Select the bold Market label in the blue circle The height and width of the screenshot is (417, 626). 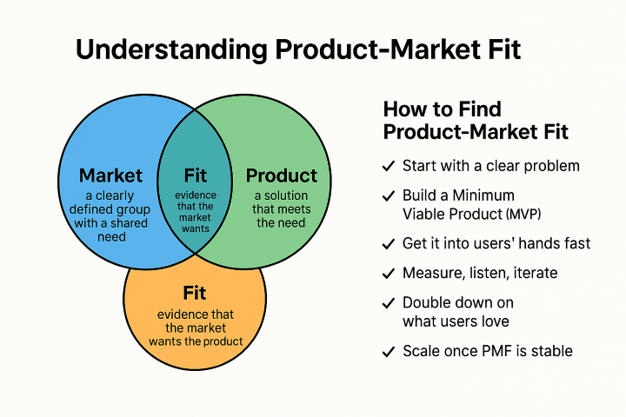tap(111, 175)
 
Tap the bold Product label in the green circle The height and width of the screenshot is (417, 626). tap(281, 175)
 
